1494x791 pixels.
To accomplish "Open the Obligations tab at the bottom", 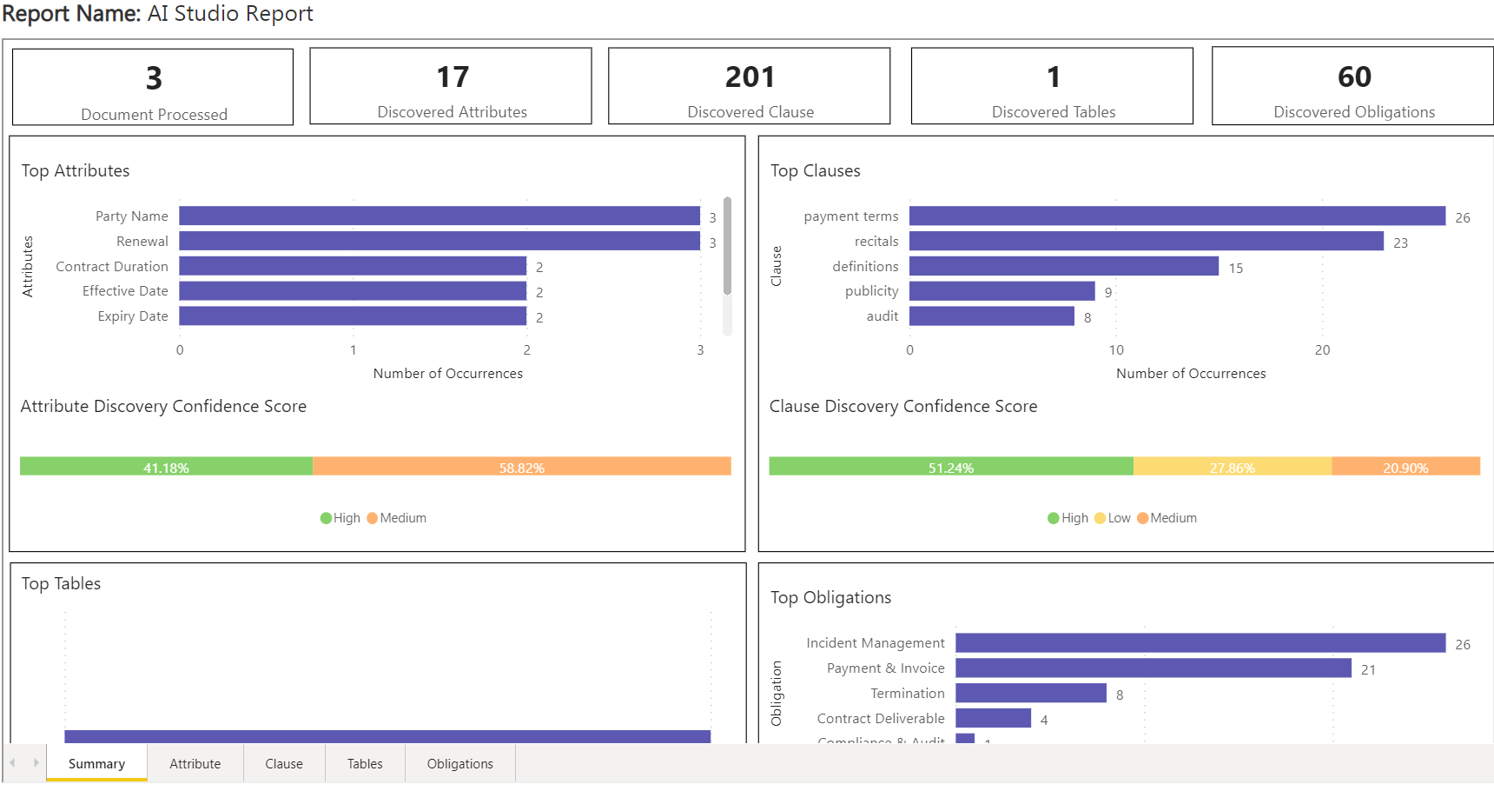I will tap(459, 763).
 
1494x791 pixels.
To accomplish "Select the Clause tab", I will tap(284, 763).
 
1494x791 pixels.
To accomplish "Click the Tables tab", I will tap(365, 763).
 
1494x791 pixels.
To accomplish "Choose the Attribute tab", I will tap(195, 763).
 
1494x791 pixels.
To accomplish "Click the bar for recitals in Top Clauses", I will tap(1146, 241).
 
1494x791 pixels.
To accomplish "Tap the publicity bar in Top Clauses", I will tap(1002, 291).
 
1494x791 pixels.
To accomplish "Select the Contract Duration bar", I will tap(353, 266).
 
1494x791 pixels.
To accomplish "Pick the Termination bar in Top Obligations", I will tap(1030, 693).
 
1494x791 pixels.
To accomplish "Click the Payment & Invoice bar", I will tap(1153, 668).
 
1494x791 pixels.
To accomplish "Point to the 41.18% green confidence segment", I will tap(166, 467).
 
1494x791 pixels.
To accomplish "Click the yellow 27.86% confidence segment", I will tap(1232, 467).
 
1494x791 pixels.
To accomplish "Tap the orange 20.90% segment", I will tap(1405, 467).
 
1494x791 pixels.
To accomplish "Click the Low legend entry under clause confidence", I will tap(1113, 518).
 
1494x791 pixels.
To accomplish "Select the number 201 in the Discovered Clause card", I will tap(750, 77).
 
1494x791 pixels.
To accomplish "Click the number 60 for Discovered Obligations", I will tap(1354, 77).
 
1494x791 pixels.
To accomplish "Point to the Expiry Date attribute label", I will tap(133, 316).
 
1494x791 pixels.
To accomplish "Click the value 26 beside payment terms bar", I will tap(1463, 217).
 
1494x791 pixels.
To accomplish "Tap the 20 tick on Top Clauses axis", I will tap(1322, 349).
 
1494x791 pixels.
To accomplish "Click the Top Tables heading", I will tap(61, 584).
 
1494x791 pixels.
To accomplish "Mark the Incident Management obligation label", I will tap(875, 643).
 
